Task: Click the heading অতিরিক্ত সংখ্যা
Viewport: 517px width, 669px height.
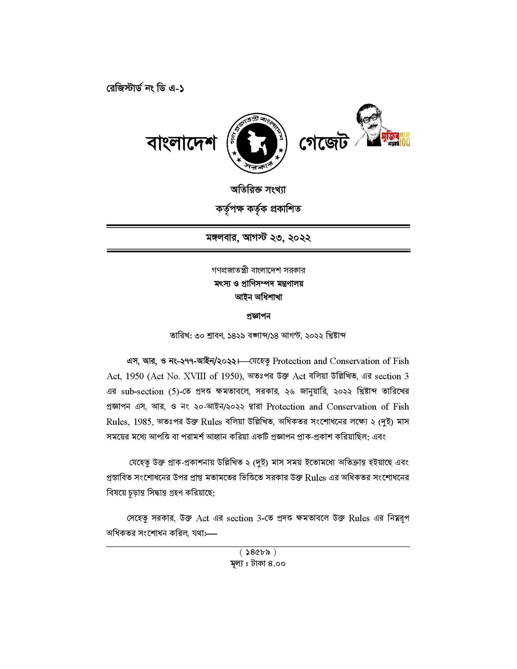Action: [x=258, y=189]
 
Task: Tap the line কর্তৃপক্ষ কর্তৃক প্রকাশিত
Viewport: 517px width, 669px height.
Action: [x=258, y=208]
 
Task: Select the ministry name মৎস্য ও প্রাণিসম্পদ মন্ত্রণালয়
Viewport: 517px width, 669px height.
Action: [x=258, y=284]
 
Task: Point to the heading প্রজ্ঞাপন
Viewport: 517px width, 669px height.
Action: [x=258, y=316]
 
